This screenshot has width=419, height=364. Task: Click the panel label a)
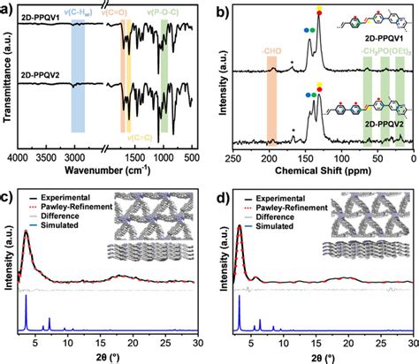point(7,8)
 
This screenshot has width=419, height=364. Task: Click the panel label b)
point(221,8)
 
